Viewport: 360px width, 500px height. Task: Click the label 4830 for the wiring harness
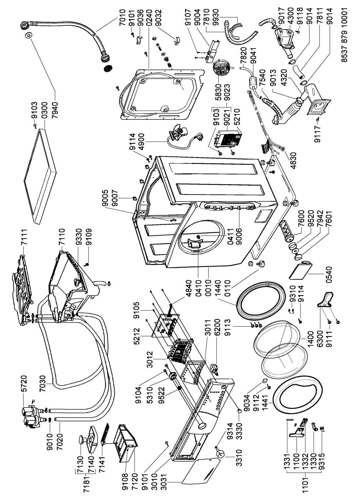293,160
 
